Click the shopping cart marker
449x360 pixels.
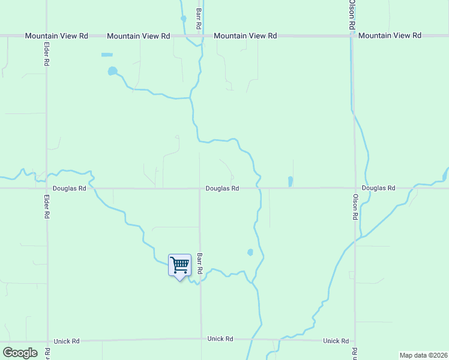coord(179,265)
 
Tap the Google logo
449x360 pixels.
coord(20,353)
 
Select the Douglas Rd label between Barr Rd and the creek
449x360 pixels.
coord(222,188)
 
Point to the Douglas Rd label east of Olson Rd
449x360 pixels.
coord(379,188)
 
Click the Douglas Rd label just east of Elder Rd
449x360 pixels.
coord(70,188)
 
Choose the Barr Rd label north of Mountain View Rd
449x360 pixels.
coord(198,15)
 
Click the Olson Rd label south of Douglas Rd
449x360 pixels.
coord(355,206)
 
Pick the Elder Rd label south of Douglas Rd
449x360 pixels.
coord(47,206)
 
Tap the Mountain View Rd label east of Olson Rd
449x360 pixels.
coord(390,36)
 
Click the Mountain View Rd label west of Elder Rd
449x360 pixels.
coord(56,36)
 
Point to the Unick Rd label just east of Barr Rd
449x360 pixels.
coord(220,339)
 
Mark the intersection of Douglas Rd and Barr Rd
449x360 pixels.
coord(200,188)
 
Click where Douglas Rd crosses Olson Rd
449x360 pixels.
coord(354,188)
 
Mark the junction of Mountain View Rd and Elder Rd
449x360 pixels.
coord(47,36)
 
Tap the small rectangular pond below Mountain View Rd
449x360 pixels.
coord(107,55)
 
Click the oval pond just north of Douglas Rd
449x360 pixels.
coord(291,181)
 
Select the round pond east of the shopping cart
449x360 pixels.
coord(250,253)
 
